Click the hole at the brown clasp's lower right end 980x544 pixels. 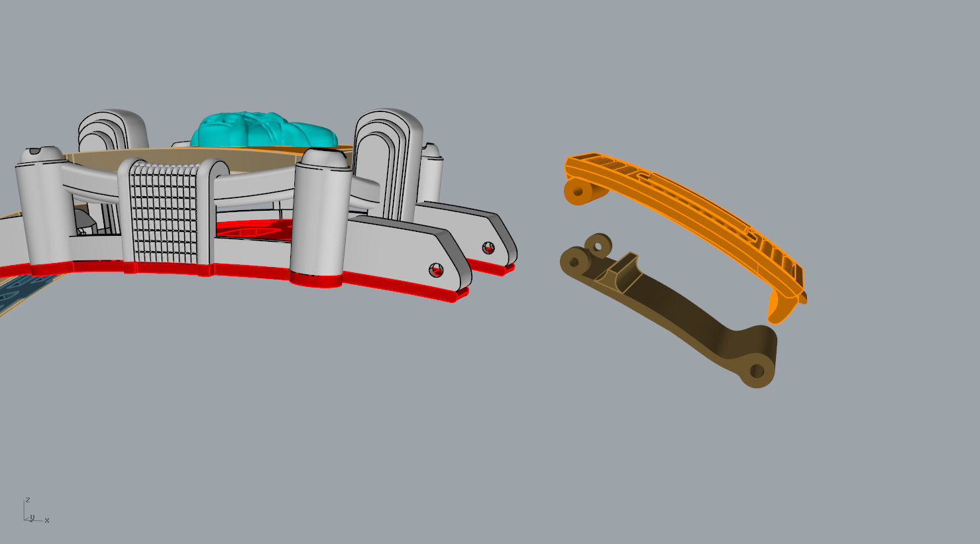point(757,371)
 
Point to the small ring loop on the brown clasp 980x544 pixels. point(598,246)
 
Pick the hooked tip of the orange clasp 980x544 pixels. point(777,311)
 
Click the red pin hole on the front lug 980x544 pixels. point(436,270)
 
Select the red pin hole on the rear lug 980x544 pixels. point(488,248)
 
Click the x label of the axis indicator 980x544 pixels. point(47,520)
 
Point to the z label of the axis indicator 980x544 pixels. point(28,500)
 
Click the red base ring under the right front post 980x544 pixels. point(316,279)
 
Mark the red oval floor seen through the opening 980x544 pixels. point(255,229)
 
